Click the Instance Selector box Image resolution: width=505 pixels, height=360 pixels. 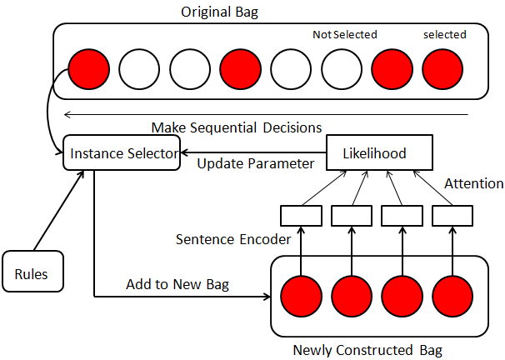(x=122, y=154)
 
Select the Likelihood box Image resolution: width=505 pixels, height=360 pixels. (x=375, y=154)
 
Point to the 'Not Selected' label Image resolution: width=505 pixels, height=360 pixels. (x=344, y=35)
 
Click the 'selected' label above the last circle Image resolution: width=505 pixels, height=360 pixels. (x=443, y=35)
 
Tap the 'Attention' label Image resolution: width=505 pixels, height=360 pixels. (x=473, y=183)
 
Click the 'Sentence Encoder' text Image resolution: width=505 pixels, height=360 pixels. (x=232, y=239)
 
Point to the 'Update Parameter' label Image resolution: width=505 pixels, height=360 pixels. (x=255, y=162)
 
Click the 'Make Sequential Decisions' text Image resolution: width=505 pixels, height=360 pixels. (x=236, y=127)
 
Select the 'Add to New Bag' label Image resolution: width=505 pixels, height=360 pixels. (x=177, y=284)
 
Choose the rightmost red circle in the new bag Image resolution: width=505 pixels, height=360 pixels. (x=452, y=295)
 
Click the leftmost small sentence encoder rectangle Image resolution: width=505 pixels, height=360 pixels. (x=301, y=215)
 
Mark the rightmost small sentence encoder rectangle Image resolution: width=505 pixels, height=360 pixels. (x=452, y=215)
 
